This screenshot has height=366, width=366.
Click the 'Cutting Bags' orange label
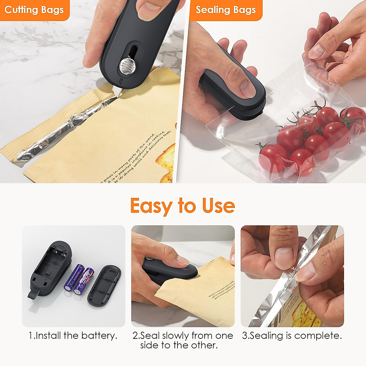[x=34, y=10]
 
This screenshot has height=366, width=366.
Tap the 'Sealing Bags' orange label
[x=225, y=10]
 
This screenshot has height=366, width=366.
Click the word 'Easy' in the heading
[x=151, y=206]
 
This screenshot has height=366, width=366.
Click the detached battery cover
[x=104, y=285]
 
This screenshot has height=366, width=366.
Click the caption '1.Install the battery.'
[x=73, y=336]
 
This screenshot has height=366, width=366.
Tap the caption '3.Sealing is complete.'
[x=292, y=336]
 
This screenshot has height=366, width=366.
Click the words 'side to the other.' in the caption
[x=179, y=346]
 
